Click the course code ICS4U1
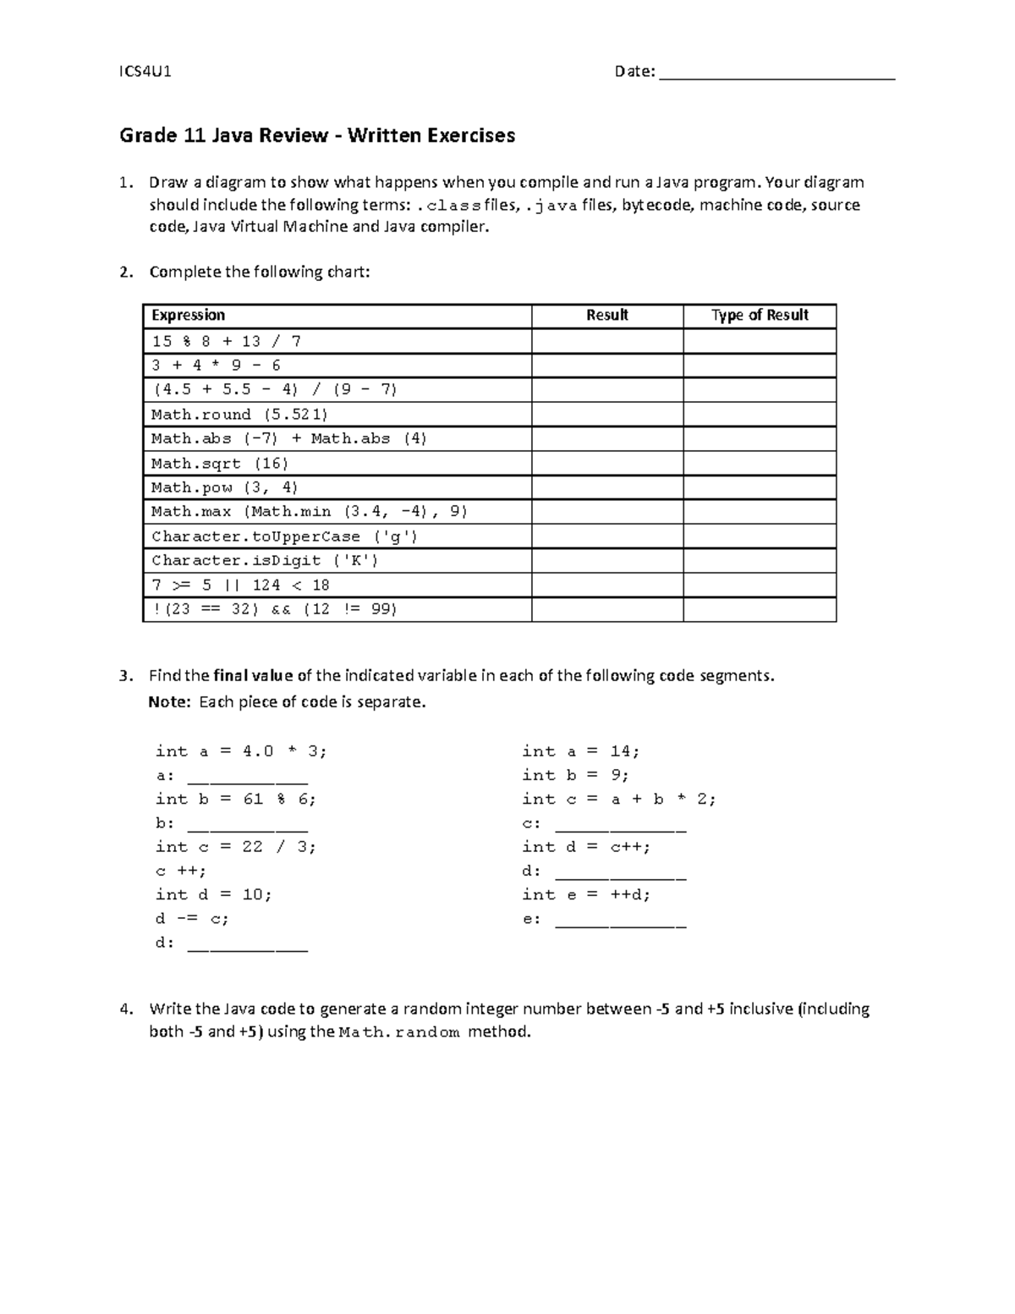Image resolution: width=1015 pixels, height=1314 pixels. point(145,71)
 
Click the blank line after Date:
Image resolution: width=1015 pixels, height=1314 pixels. point(776,74)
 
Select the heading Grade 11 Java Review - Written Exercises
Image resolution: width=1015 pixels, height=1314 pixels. point(317,135)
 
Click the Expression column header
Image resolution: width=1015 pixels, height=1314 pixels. point(188,316)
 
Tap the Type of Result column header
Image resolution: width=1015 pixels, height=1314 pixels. point(760,316)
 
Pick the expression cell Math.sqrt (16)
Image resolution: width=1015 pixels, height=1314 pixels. point(220,464)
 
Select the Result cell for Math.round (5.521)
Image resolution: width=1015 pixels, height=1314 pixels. point(607,415)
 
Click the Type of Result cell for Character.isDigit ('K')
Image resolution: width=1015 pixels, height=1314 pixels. point(760,561)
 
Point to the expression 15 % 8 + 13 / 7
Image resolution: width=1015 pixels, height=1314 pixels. point(226,342)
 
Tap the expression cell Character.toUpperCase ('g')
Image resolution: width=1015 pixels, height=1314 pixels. point(284,536)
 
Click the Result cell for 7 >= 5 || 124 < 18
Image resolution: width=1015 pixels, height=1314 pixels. point(607,586)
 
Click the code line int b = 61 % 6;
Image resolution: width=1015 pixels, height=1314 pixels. point(235,800)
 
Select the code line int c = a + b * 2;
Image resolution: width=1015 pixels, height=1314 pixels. point(618,800)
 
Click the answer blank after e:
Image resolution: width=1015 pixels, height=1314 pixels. point(620,921)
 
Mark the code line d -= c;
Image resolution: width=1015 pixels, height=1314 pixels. point(192,919)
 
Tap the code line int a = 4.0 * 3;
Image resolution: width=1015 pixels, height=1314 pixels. point(240,751)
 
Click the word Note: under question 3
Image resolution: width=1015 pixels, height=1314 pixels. point(170,702)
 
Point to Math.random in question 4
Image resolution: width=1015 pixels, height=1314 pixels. point(398,1032)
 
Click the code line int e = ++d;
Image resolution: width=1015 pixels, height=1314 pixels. point(586,895)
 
